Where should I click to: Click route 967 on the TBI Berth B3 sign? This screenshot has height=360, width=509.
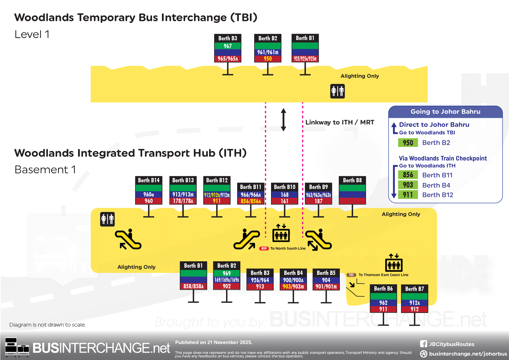pos(228,46)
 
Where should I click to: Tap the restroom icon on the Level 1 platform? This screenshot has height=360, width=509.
pos(337,91)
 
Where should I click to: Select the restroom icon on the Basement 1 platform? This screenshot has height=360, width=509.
pos(107,219)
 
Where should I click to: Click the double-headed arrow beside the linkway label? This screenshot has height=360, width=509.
pos(284,120)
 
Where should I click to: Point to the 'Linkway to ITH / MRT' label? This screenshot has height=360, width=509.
pos(340,122)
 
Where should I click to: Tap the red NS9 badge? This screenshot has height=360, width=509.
pos(264,249)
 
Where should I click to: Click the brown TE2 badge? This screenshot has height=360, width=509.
pos(351,275)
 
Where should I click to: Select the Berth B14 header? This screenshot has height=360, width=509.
pos(149,180)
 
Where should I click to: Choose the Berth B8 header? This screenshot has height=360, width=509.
pos(352,180)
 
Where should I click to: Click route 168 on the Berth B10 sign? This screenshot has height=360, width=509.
pos(284,195)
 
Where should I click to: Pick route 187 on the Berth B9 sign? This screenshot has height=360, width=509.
pos(318,201)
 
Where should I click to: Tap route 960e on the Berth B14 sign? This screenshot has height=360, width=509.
pos(149,195)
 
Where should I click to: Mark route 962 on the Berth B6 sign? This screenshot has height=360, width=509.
pos(383,303)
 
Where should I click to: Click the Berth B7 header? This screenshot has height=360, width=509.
pos(414,289)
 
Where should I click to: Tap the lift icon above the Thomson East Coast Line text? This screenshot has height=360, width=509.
pos(394,263)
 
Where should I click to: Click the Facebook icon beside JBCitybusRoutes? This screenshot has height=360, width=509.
pos(423,344)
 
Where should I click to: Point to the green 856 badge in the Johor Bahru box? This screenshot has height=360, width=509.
pos(408,175)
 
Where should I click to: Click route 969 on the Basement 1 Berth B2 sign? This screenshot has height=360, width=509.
pos(227,273)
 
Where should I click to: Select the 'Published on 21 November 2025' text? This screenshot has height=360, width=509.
pos(214,342)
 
